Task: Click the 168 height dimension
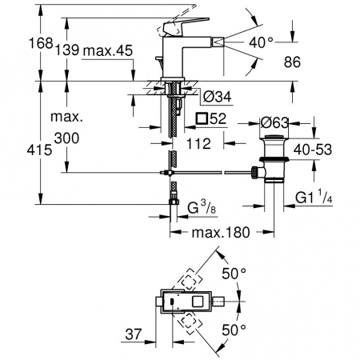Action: (x=41, y=43)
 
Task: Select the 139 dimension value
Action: (x=67, y=50)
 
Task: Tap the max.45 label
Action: (x=108, y=50)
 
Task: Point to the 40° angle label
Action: (x=261, y=42)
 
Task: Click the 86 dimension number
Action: (x=292, y=62)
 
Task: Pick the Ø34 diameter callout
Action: (x=217, y=96)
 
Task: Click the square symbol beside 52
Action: (x=202, y=118)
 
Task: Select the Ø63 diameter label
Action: (x=274, y=123)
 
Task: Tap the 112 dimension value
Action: (x=198, y=144)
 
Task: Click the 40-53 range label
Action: (x=313, y=150)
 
